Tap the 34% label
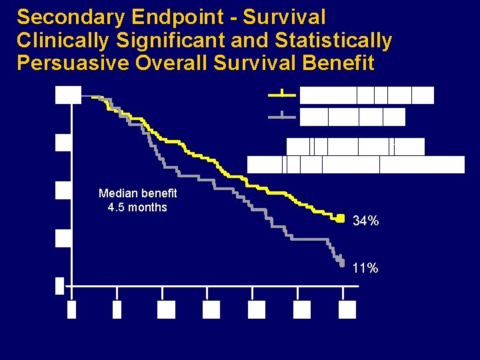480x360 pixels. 366,221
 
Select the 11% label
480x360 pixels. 366,268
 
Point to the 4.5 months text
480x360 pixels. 137,207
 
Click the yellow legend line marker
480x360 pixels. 283,94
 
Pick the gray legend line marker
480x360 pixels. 283,116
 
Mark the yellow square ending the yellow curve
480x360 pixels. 340,217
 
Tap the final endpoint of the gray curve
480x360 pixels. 341,262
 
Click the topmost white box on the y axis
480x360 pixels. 67,95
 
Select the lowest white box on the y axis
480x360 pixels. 59,285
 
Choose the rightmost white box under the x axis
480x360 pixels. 347,310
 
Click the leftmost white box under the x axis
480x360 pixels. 72,310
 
